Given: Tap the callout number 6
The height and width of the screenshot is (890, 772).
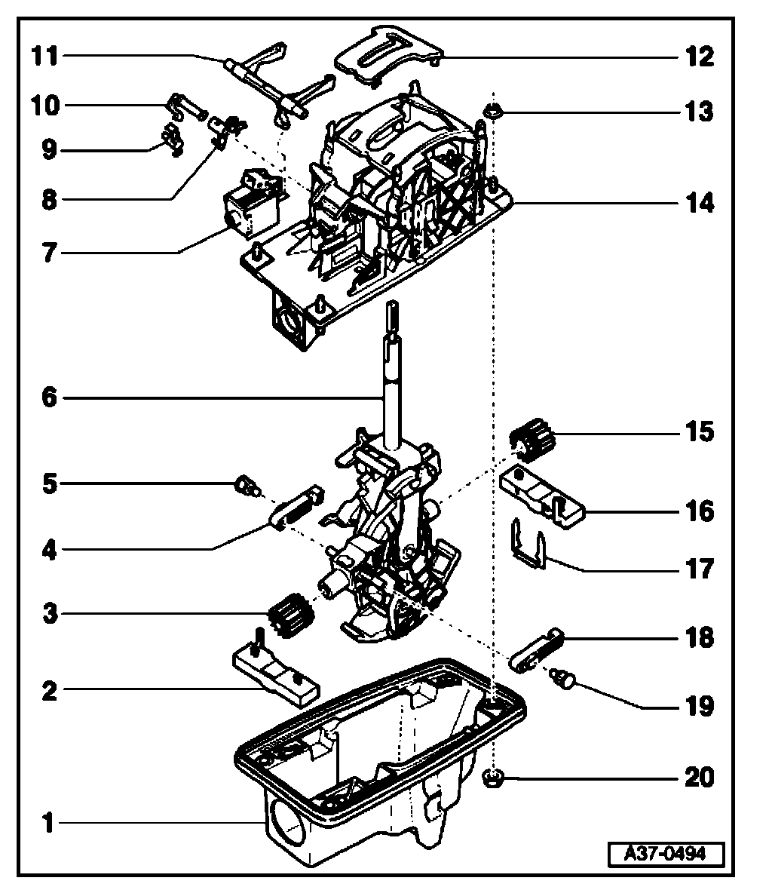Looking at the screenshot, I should (49, 397).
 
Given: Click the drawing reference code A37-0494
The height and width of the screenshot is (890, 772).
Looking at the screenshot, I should (666, 855).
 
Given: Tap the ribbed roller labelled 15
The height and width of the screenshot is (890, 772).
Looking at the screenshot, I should (532, 440).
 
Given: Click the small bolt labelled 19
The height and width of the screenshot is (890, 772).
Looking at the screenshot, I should (564, 681).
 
